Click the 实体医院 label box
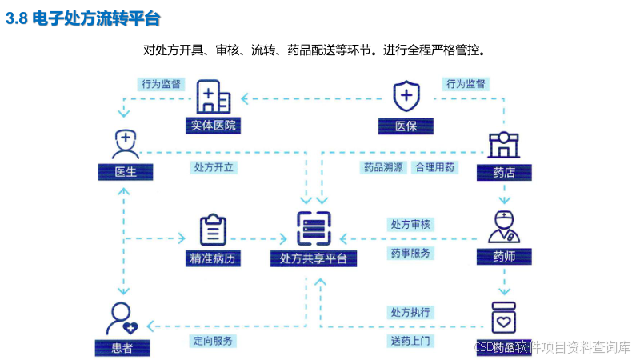click(214, 126)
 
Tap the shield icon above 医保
click(406, 97)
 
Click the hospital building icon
click(213, 97)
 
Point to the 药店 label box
click(504, 172)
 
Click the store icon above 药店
click(504, 145)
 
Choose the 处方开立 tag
click(214, 168)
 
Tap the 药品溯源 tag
click(383, 168)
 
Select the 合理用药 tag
click(434, 168)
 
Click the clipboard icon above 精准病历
click(213, 230)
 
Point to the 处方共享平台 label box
click(314, 258)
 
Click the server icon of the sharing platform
click(314, 228)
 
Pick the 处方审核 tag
click(410, 225)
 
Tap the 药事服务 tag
click(410, 253)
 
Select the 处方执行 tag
click(410, 312)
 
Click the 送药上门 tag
click(410, 341)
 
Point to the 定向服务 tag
click(214, 341)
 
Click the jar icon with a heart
click(504, 318)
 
